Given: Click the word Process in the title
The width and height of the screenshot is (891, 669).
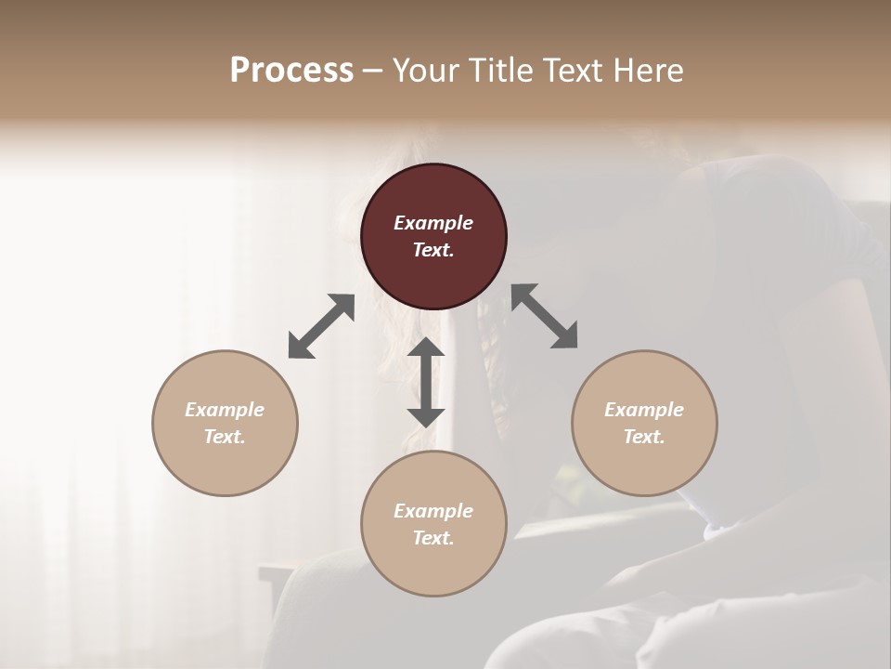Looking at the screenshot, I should coord(291,70).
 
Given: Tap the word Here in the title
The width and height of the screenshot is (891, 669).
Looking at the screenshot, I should coord(647,70).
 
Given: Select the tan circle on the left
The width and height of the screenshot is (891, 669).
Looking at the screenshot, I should coord(225,423).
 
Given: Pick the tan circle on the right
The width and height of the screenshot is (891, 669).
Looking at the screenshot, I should coord(644,423).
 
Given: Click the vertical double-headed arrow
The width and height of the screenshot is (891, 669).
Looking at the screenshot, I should coord(426,381).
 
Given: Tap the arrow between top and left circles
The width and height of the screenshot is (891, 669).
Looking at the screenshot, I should coord(321,326).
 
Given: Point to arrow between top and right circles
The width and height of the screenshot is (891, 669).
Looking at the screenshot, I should coord(545,316).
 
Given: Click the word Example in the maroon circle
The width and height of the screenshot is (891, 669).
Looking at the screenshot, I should coord(433,223).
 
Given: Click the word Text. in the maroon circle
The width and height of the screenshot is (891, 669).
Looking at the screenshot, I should coord(433,250).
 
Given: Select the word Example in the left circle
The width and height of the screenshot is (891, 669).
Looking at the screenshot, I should coord(225,410).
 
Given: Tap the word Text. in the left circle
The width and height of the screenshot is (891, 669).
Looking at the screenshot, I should coord(225,437).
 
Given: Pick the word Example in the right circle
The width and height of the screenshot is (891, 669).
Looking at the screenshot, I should coord(644,410).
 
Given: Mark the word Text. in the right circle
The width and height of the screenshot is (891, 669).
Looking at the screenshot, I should coord(644,437).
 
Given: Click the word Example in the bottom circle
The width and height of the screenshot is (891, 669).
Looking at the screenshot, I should coord(433,511).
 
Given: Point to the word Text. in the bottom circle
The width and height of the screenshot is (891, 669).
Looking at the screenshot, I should coord(433,538).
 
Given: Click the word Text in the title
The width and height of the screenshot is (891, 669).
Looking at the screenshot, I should coord(573,70).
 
